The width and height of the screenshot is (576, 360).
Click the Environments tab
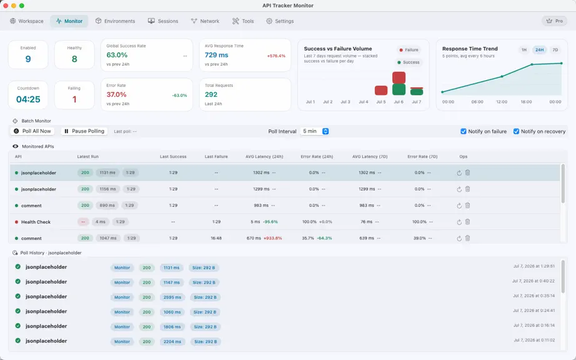(115, 21)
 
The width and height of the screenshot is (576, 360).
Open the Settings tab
(280, 21)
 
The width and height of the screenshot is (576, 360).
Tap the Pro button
(554, 21)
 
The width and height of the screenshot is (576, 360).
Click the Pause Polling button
(84, 131)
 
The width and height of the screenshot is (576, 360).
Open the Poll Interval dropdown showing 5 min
(315, 131)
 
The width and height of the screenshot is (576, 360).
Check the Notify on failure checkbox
(463, 131)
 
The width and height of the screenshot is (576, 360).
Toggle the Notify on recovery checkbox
(516, 131)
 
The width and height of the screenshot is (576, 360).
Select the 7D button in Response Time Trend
(555, 50)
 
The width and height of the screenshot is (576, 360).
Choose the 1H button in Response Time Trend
(524, 50)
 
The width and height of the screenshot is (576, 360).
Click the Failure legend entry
(409, 50)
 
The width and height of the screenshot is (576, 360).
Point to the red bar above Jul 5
(381, 91)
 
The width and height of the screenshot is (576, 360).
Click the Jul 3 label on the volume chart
(345, 102)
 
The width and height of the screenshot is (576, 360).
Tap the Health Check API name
(36, 222)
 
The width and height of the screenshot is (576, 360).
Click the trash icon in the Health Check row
(468, 222)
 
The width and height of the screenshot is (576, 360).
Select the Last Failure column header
(216, 156)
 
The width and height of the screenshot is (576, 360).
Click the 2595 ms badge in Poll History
(172, 297)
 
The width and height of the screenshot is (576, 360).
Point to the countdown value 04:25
(28, 99)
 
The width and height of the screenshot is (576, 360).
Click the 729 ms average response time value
(216, 55)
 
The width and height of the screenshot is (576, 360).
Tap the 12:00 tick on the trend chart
(502, 102)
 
